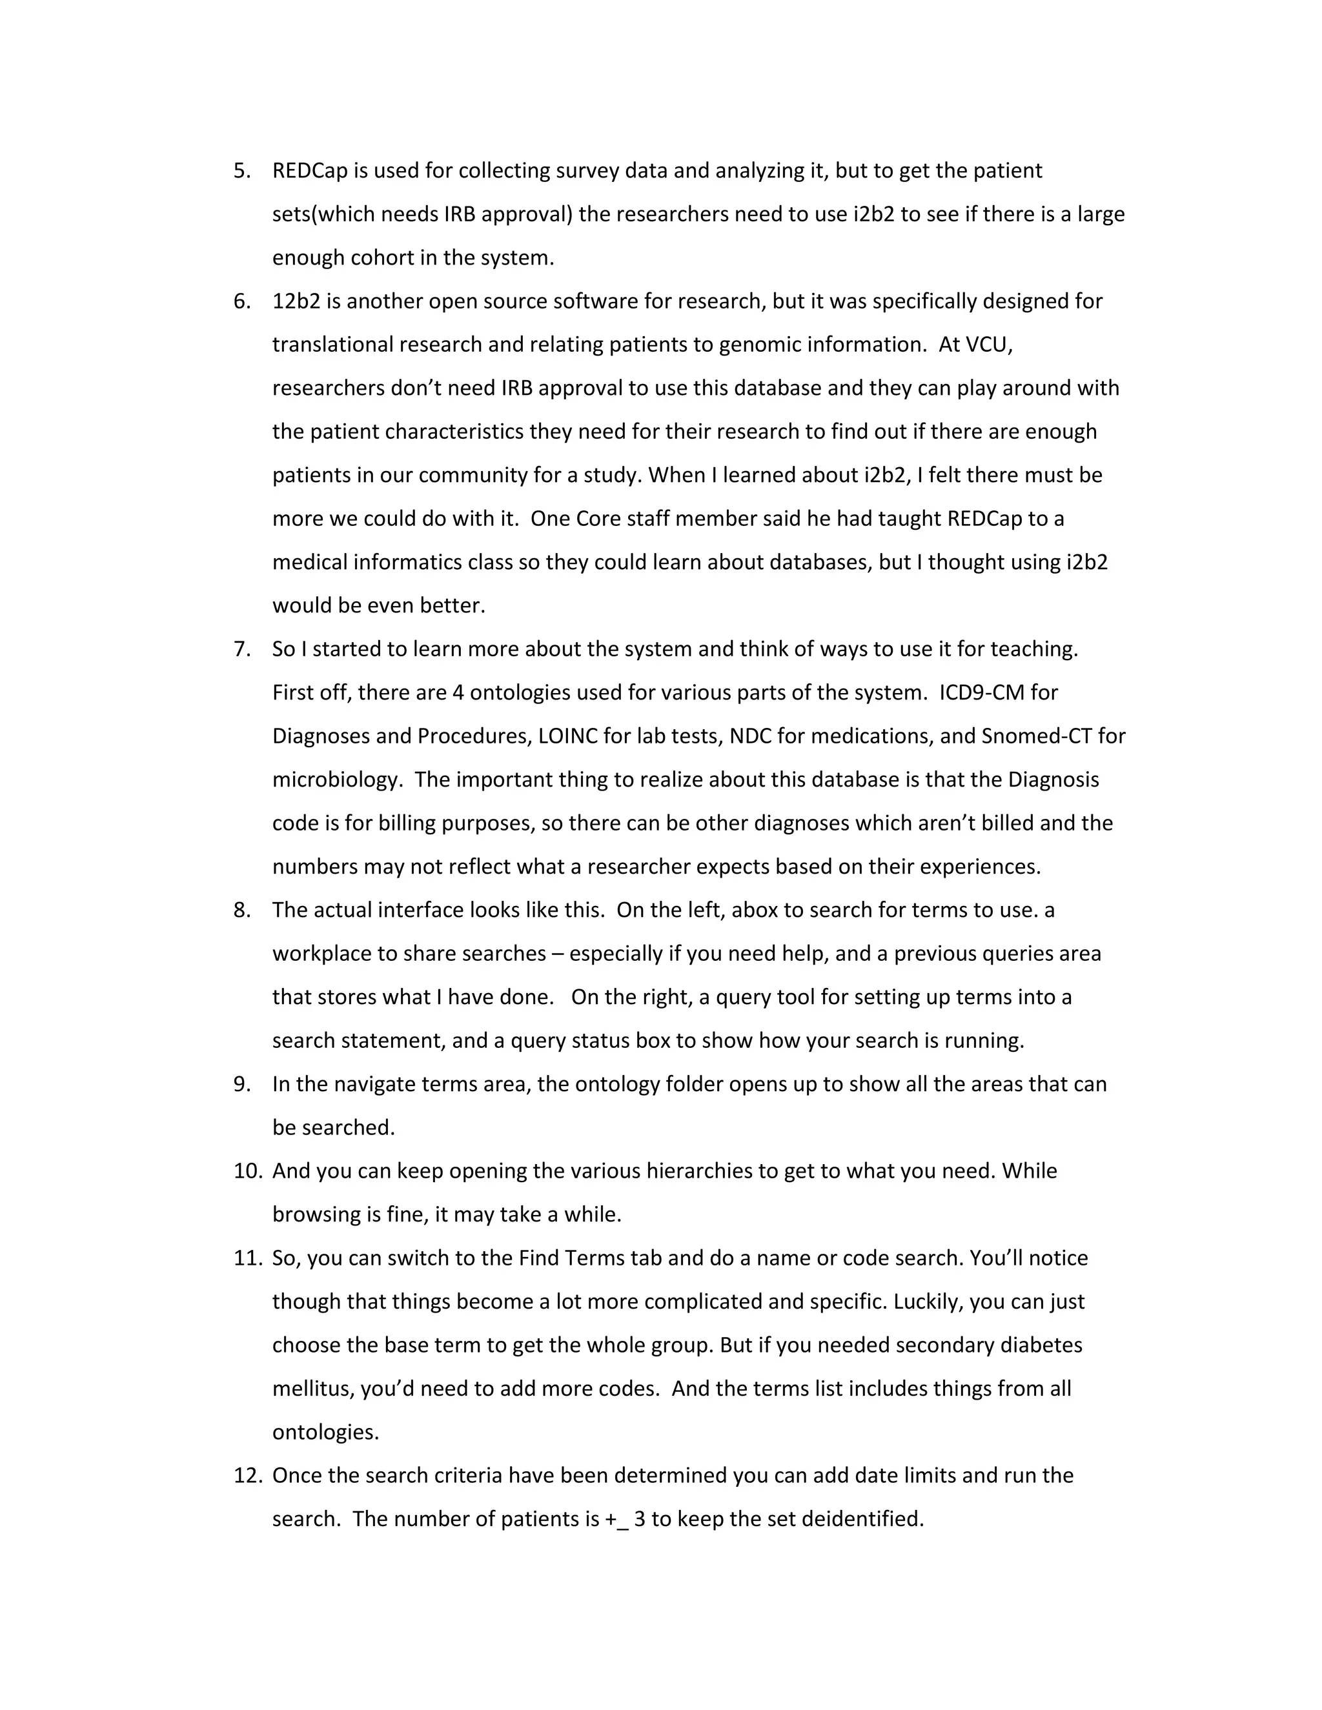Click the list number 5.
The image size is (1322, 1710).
click(x=241, y=171)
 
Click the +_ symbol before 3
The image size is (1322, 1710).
click(x=616, y=1519)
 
